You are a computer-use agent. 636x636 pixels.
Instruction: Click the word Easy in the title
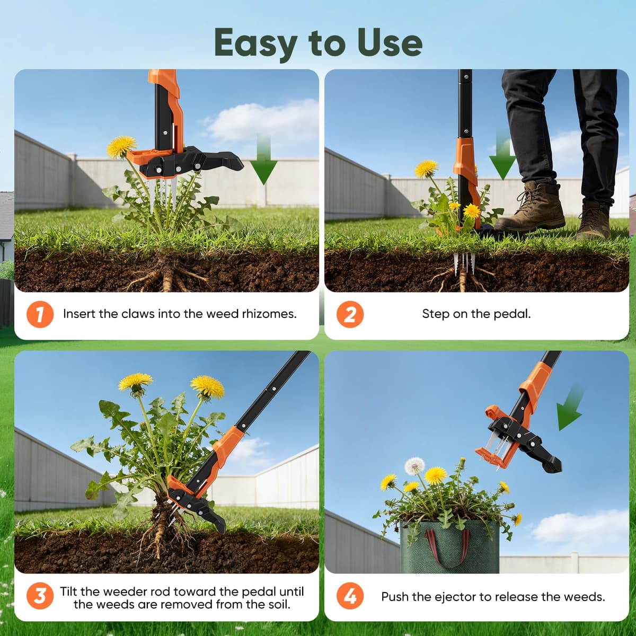[x=255, y=43]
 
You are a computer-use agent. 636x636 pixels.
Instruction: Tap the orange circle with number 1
[x=40, y=314]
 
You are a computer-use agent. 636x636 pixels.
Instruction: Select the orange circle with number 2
[x=350, y=314]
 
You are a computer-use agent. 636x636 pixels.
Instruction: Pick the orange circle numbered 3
[x=40, y=596]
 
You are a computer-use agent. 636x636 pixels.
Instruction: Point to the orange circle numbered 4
[x=350, y=596]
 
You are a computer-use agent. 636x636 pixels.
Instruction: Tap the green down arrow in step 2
[x=502, y=154]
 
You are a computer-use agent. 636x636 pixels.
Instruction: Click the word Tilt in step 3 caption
[x=68, y=591]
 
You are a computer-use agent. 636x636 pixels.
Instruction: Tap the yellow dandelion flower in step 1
[x=121, y=146]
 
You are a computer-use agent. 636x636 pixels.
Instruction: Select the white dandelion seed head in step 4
[x=414, y=466]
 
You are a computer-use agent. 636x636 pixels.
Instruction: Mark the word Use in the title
[x=390, y=43]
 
